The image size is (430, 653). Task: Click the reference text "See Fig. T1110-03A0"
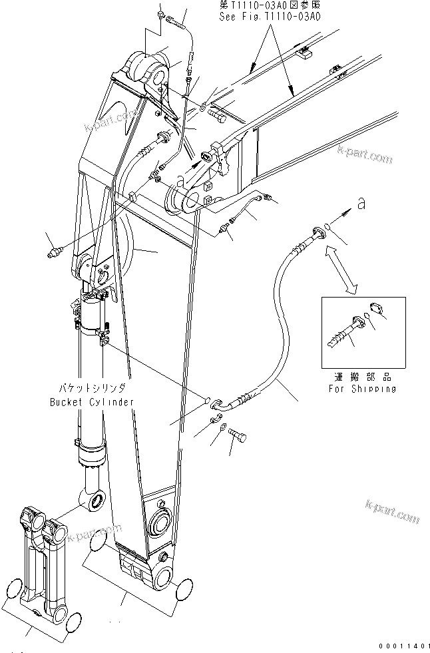click(x=270, y=17)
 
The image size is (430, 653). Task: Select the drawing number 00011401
click(x=402, y=645)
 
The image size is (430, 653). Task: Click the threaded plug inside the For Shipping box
click(x=346, y=330)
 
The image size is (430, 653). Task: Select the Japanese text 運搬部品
click(x=363, y=377)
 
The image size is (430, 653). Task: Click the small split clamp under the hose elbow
click(x=216, y=419)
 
